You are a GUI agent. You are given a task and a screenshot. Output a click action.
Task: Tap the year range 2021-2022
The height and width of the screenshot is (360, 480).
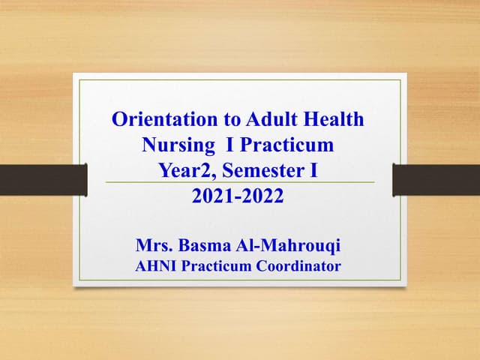[x=239, y=196]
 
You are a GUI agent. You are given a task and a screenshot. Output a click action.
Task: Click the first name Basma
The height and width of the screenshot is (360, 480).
[x=206, y=244]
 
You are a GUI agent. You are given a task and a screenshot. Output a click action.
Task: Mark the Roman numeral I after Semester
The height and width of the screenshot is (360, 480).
[x=314, y=170]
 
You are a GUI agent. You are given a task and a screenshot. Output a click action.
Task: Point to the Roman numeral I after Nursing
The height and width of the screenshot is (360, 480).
[x=228, y=144]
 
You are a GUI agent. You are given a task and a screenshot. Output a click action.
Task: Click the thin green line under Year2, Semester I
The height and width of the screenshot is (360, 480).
[x=239, y=182]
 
